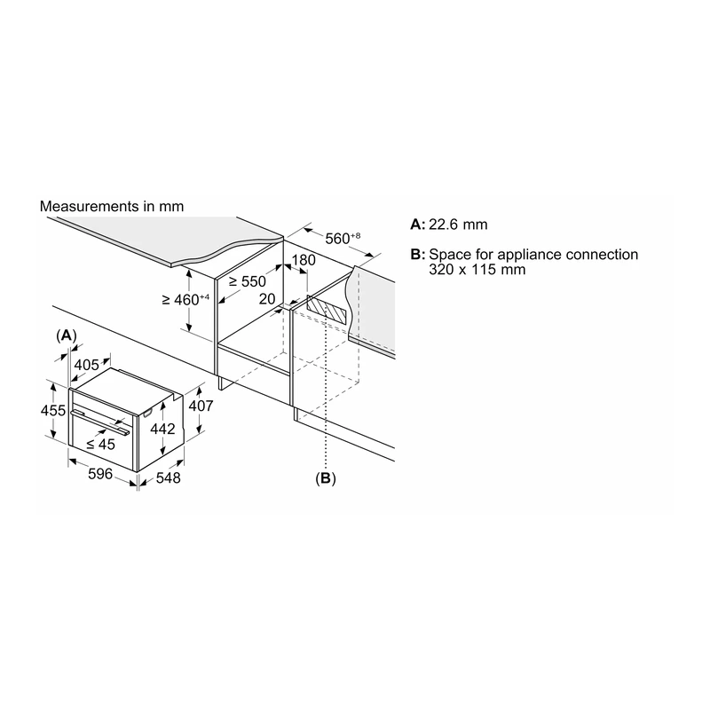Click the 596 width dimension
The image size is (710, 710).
pos(100,474)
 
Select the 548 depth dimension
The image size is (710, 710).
pos(168,477)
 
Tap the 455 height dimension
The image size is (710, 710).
pos(53,410)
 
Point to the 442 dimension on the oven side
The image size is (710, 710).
pos(162,429)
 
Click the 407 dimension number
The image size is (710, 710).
pos(201,406)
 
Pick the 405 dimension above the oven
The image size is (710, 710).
pos(86,365)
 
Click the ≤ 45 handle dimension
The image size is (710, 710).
pos(100,445)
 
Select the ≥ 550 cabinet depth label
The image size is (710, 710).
pos(248,281)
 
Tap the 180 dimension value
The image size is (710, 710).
pos(304,260)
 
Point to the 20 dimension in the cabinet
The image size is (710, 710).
pos(267,299)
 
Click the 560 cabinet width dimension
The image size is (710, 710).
pos(343,238)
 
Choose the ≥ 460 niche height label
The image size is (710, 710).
pos(185,299)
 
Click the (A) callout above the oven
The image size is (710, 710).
pos(66,335)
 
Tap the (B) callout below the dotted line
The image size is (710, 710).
pos(326,478)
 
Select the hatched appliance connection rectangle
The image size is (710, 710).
pos(327,310)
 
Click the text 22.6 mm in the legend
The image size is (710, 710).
pos(458,225)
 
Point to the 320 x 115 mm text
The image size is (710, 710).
pos(477,270)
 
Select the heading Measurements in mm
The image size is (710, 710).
pos(112,207)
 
